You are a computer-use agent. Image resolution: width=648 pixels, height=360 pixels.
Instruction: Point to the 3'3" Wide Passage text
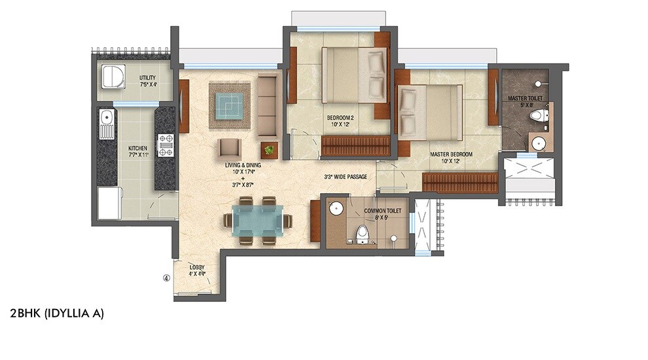pos(349,177)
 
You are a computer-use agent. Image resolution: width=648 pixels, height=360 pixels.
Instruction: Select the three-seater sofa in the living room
pos(267,106)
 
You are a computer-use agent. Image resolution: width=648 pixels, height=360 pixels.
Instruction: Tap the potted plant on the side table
pos(268,150)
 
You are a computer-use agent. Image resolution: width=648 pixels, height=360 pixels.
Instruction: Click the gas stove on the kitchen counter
pos(165,145)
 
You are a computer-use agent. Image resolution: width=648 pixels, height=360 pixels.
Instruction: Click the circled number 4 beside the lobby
pos(167,278)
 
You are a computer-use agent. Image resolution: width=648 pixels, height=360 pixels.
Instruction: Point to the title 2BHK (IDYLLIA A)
pos(57,314)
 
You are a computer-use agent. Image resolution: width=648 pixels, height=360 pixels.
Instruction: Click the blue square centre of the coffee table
pos(230,105)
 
